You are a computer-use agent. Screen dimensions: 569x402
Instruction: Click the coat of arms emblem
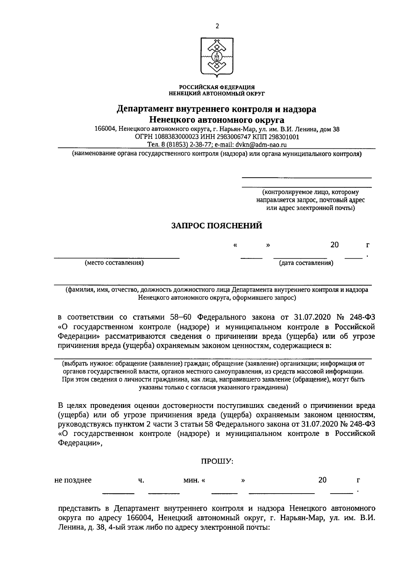pyautogui.click(x=217, y=57)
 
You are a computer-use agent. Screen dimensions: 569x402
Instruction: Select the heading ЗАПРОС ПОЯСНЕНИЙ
pyautogui.click(x=217, y=226)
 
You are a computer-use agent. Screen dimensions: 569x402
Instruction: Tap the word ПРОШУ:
pyautogui.click(x=217, y=461)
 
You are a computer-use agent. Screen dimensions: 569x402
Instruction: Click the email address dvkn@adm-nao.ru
pyautogui.click(x=261, y=145)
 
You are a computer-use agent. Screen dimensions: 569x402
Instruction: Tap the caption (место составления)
pyautogui.click(x=114, y=263)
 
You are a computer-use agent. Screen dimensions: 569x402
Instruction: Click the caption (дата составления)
pyautogui.click(x=306, y=263)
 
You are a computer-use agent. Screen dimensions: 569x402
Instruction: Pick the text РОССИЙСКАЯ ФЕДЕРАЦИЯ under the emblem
pyautogui.click(x=217, y=87)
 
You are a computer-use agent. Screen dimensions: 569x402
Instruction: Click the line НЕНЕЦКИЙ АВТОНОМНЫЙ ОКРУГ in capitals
pyautogui.click(x=217, y=93)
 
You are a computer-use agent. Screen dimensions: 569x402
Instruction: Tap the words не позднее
pyautogui.click(x=73, y=480)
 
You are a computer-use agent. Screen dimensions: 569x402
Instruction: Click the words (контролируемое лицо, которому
pyautogui.click(x=311, y=192)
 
